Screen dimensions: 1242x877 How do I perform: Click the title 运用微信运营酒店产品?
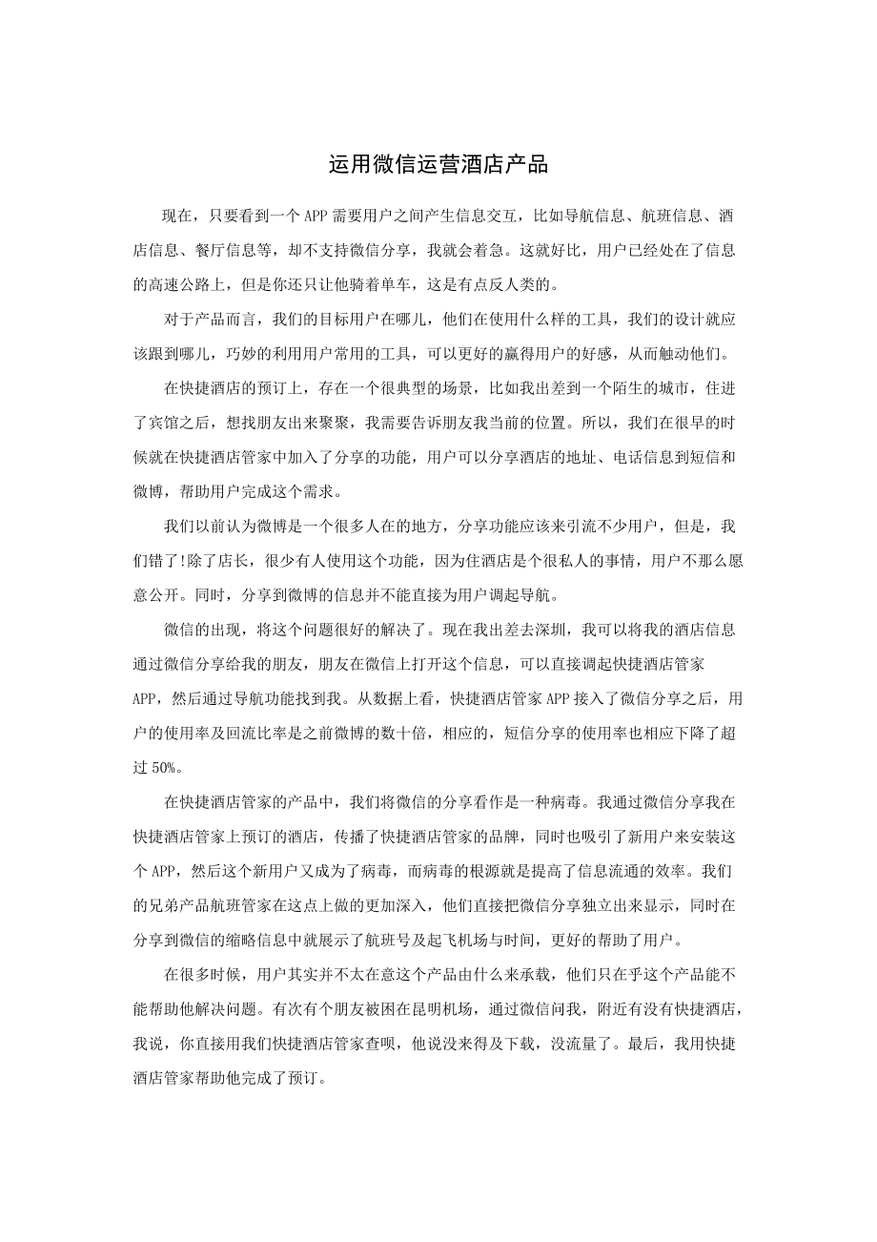[x=438, y=165]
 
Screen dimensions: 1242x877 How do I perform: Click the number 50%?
[x=168, y=766]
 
